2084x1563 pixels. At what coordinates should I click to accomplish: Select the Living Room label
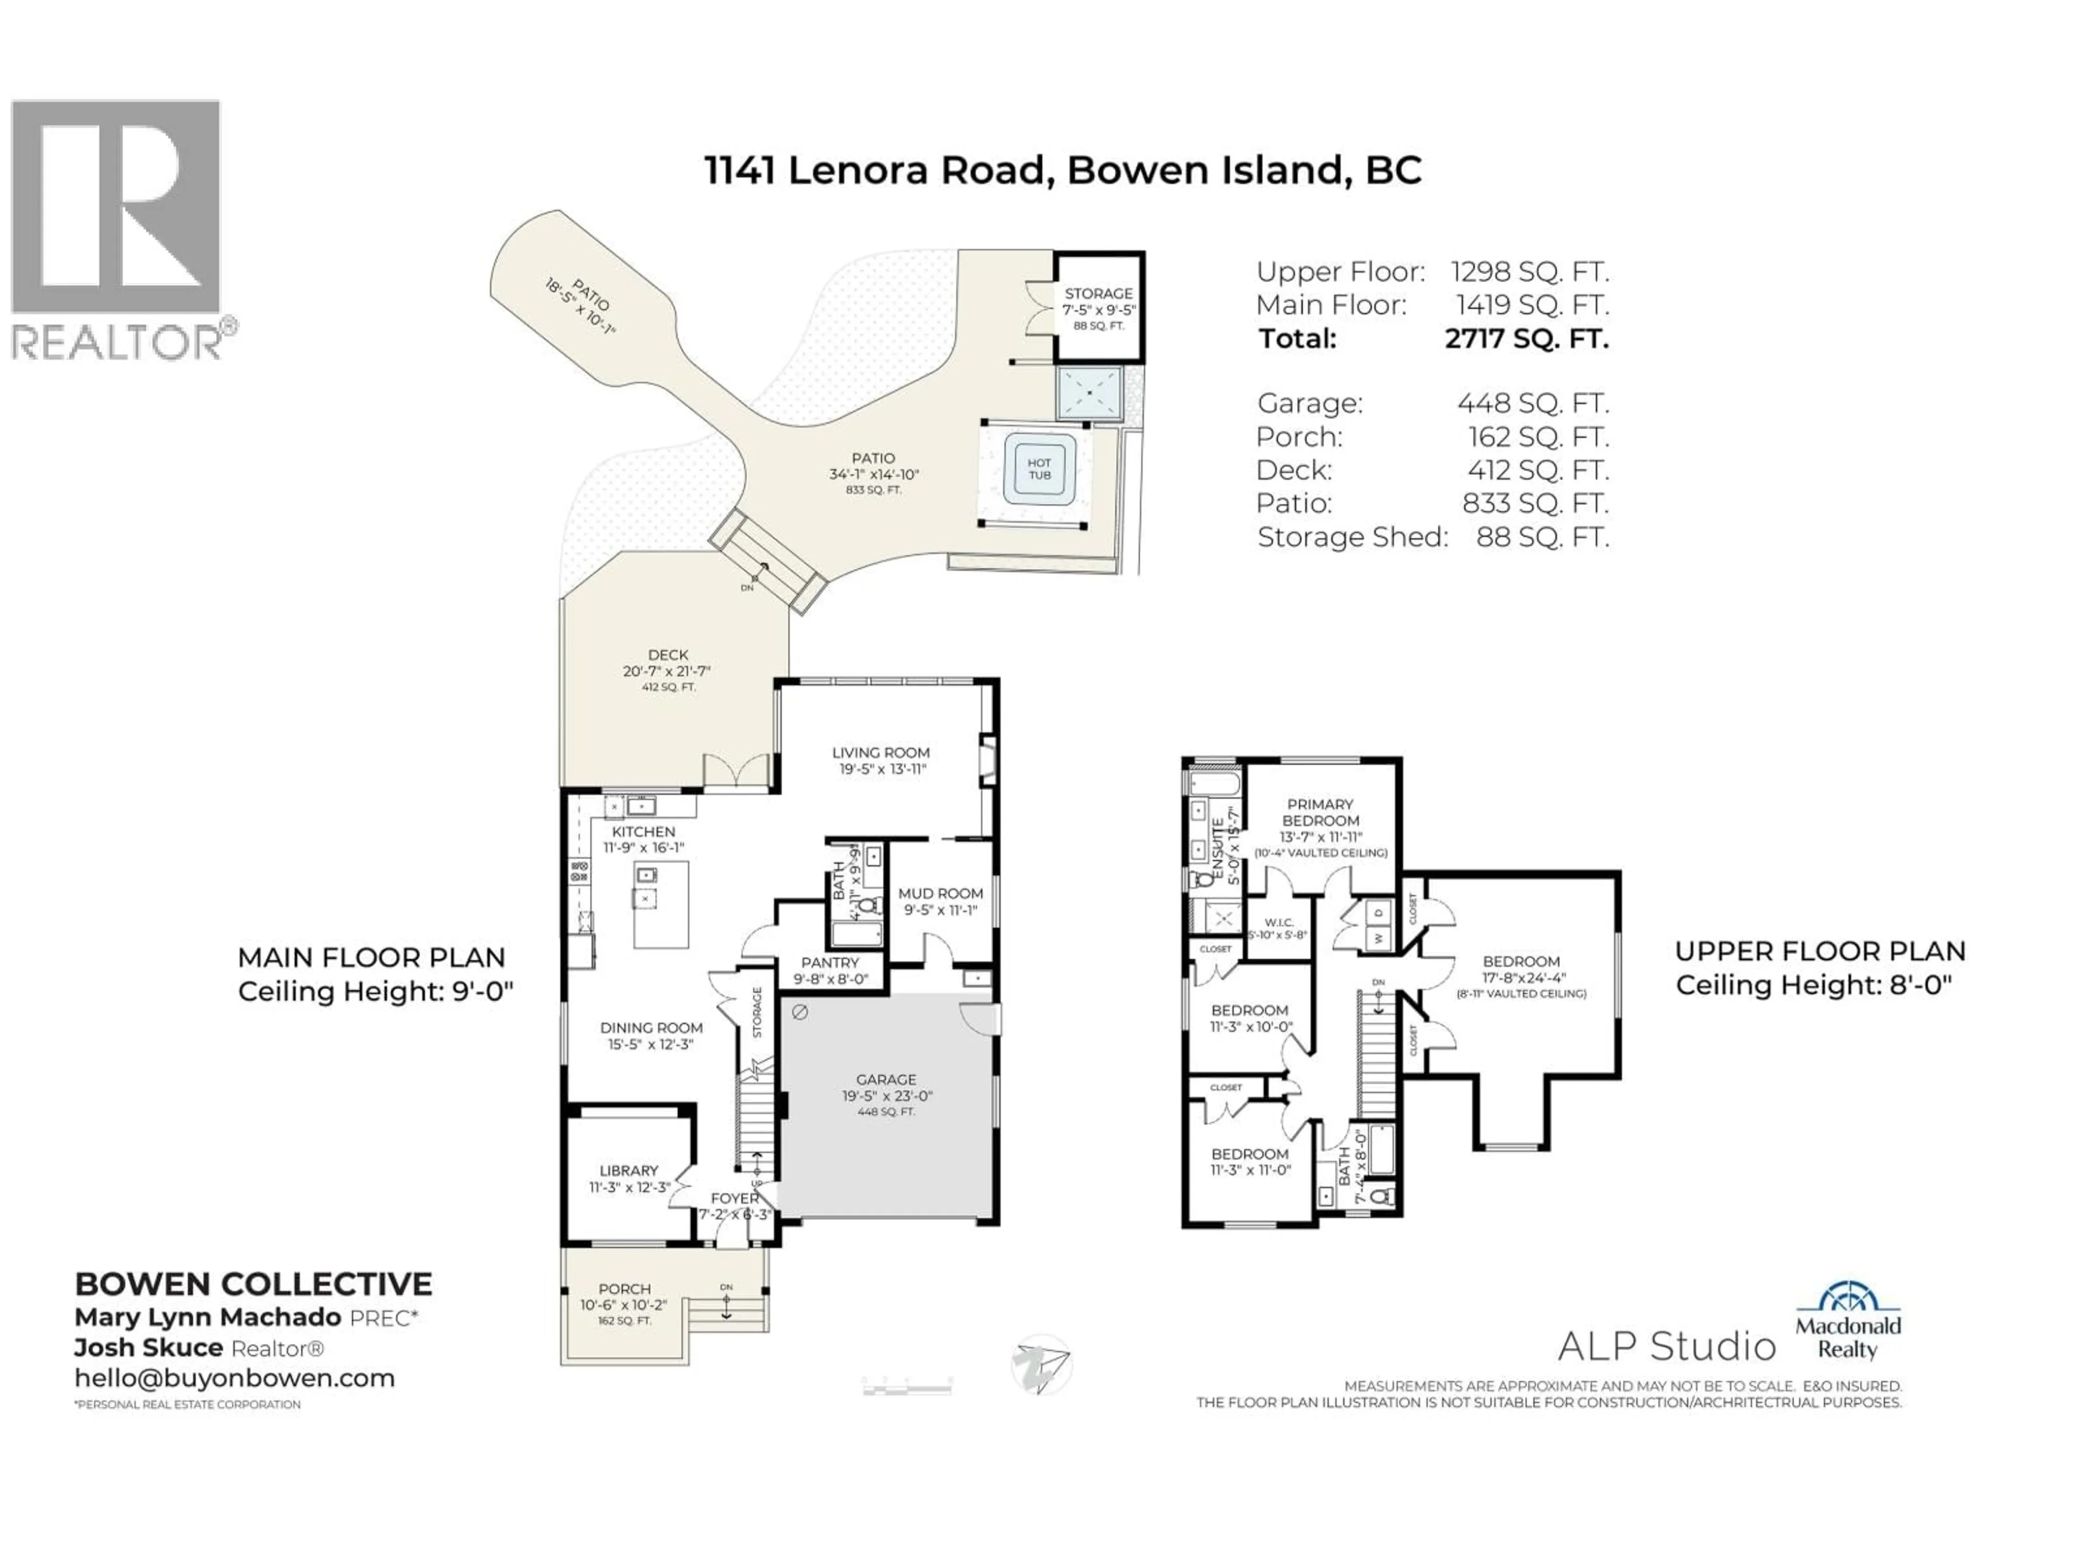(x=880, y=753)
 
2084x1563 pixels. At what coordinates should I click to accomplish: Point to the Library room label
(x=628, y=1170)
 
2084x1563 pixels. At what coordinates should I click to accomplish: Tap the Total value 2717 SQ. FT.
(x=1526, y=338)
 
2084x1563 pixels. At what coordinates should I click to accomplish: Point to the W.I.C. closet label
(x=1279, y=923)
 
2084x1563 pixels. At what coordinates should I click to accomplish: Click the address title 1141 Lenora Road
(x=1063, y=170)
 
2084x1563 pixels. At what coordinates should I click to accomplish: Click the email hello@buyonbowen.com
(x=234, y=1378)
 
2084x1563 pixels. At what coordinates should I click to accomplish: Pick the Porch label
(x=625, y=1289)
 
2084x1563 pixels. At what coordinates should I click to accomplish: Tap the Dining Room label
(x=651, y=1028)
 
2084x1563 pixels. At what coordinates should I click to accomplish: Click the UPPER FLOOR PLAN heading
(x=1819, y=951)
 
